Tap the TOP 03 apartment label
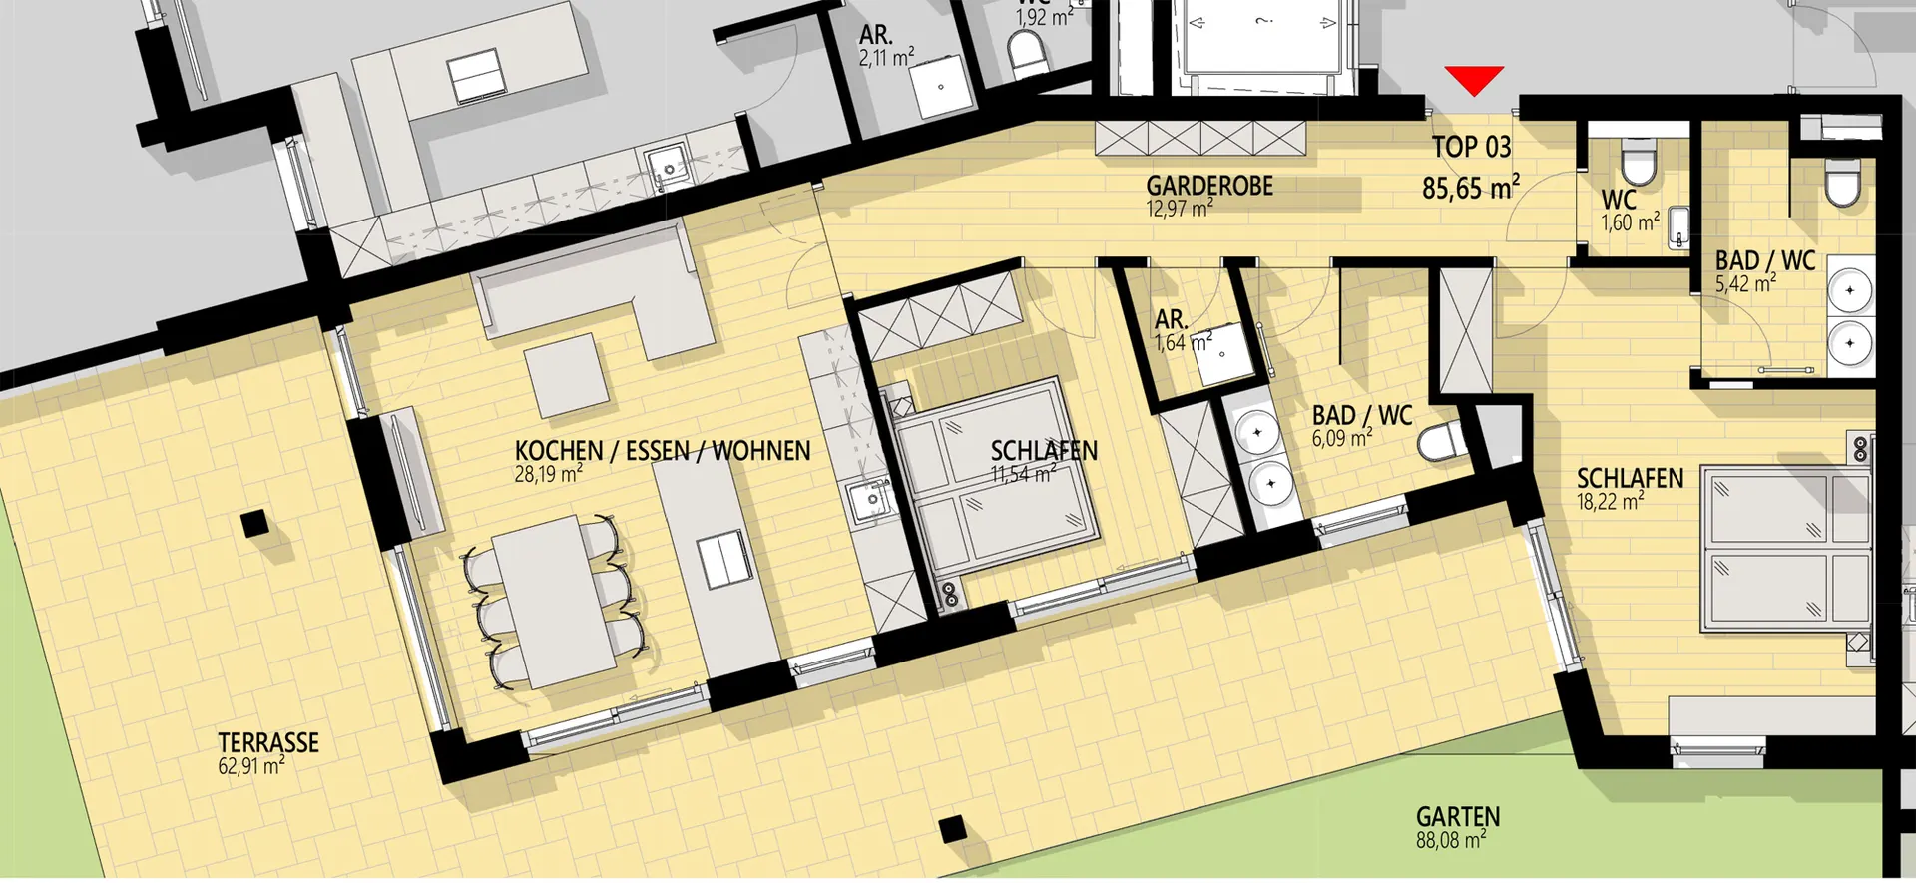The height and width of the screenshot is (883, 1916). point(1471,147)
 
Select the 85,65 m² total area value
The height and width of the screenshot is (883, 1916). point(1471,187)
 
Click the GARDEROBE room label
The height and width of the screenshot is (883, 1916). point(1209,186)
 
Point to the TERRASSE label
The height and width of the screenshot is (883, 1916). point(268,742)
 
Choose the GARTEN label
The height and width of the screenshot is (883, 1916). point(1458,817)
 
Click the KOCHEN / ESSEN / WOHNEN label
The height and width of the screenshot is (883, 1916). point(663,451)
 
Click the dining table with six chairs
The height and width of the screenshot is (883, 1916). point(554,601)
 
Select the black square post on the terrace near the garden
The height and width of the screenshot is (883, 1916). point(952,828)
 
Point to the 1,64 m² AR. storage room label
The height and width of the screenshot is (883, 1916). point(1184,331)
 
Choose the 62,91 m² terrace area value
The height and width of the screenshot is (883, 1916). point(251,766)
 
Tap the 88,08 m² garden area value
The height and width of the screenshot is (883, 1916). point(1451,840)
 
